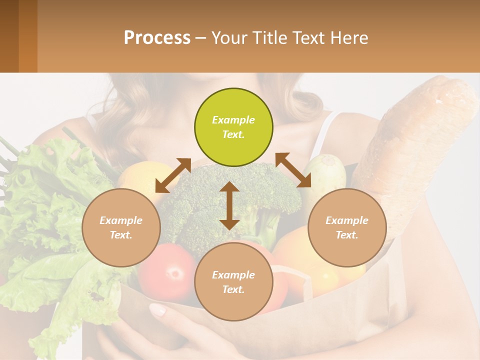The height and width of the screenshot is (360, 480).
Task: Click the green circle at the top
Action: [x=233, y=127]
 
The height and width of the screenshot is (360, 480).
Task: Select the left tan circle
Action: [x=121, y=227]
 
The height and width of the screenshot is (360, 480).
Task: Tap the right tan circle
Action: [x=347, y=227]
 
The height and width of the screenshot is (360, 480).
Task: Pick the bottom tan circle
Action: [x=233, y=282]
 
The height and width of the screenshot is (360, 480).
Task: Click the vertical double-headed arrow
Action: [x=229, y=205]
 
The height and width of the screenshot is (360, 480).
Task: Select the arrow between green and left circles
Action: [x=173, y=175]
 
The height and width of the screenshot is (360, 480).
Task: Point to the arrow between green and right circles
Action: [x=293, y=170]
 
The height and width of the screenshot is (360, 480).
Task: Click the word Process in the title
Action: [x=157, y=37]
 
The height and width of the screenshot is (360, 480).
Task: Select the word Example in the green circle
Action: [x=233, y=120]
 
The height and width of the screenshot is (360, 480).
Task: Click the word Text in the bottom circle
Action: [x=233, y=289]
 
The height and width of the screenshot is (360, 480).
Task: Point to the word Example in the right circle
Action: [x=347, y=220]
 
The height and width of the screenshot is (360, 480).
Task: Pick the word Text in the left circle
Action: [x=121, y=235]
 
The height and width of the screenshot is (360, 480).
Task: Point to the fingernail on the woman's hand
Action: [x=158, y=310]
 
